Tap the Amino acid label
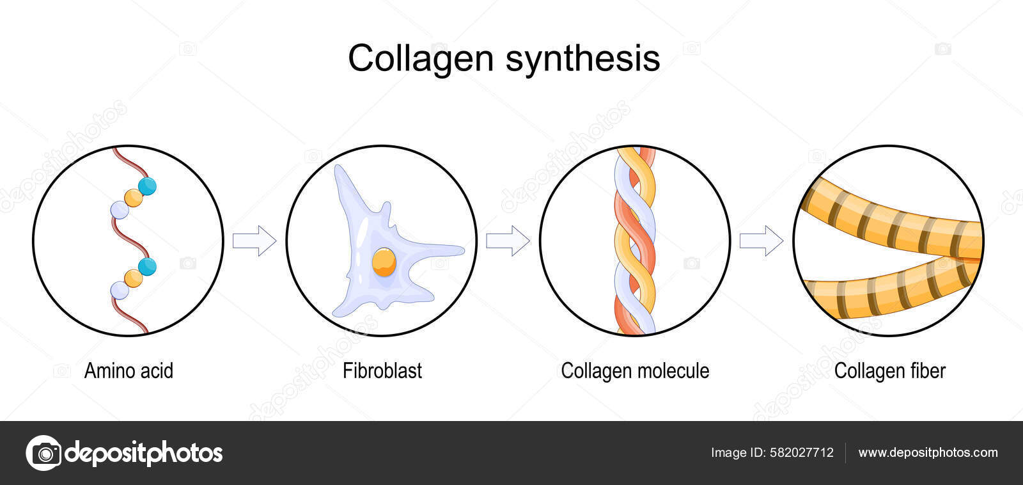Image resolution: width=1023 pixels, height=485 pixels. click(x=129, y=371)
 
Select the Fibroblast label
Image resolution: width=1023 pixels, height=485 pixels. click(x=382, y=371)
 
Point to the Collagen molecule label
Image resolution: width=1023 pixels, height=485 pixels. click(x=635, y=371)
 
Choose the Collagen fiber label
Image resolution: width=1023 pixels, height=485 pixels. click(x=889, y=371)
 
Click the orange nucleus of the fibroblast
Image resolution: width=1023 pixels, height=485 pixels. click(x=384, y=262)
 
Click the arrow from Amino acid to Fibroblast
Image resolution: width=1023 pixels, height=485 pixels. click(x=254, y=241)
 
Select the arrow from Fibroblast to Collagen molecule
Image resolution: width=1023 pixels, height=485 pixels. click(x=508, y=241)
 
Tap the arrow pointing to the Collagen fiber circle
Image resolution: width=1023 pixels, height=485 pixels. click(x=761, y=241)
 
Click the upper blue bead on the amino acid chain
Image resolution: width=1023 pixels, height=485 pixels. click(x=147, y=186)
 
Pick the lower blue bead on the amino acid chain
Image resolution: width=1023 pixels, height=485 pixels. click(x=147, y=266)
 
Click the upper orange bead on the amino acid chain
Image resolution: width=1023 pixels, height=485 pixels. click(x=134, y=198)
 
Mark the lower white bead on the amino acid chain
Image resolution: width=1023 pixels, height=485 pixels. click(x=120, y=290)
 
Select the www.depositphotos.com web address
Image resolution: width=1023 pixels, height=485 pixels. click(x=928, y=453)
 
